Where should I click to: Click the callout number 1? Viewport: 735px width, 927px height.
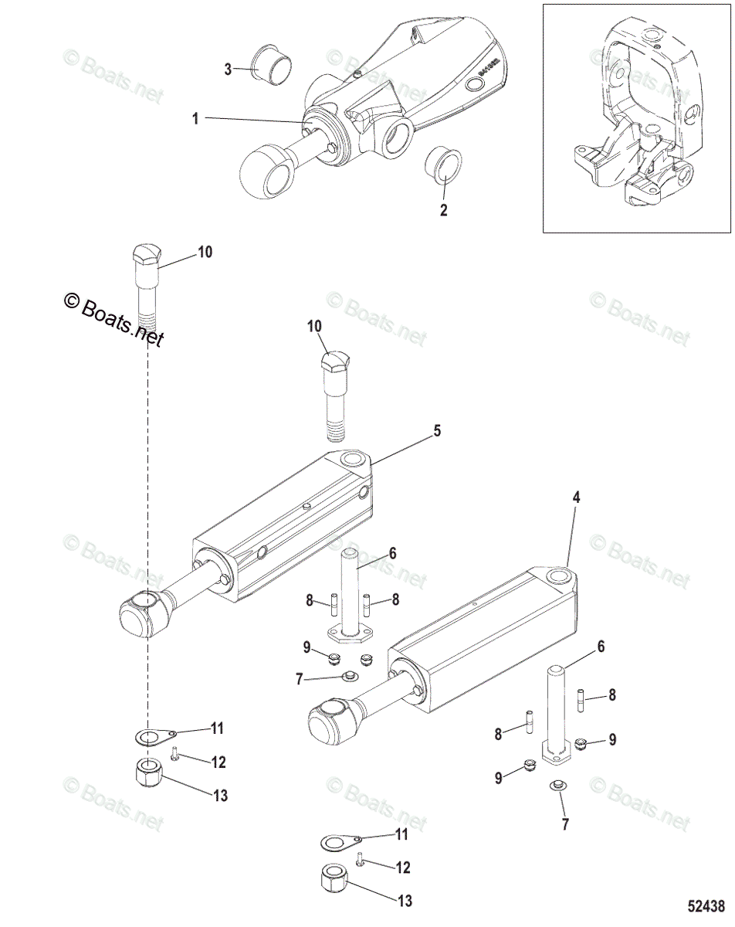(x=195, y=118)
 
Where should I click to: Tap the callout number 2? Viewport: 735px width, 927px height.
(x=443, y=209)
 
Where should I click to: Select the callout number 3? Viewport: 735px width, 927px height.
(x=228, y=70)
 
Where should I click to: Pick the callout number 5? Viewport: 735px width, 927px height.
(x=437, y=431)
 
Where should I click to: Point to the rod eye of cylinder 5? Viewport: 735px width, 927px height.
(x=144, y=610)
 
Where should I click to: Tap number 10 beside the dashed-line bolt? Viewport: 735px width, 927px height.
(x=204, y=252)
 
